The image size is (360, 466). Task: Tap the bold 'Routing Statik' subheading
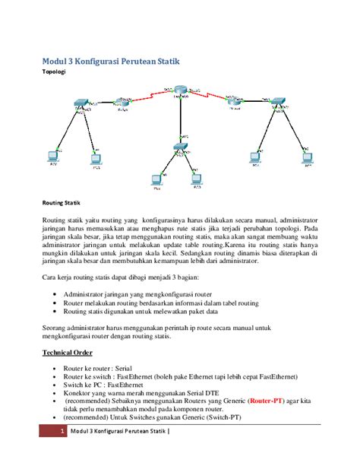[x=61, y=203]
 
